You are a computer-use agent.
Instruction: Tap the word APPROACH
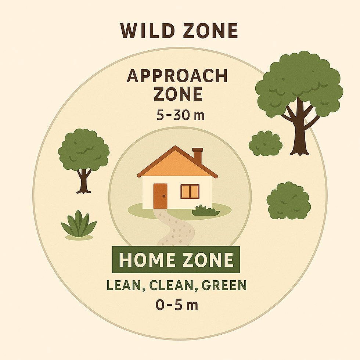pos(177,76)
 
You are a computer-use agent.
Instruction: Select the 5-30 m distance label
pos(180,115)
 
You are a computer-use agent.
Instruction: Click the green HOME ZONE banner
pos(176,260)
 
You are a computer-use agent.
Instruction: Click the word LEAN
pos(124,285)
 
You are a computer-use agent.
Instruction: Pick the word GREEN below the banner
pos(223,285)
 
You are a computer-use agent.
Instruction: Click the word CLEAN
pos(171,285)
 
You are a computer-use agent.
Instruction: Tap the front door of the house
pos(160,196)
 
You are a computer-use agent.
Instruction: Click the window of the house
pos(190,191)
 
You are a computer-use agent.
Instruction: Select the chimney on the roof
pos(197,156)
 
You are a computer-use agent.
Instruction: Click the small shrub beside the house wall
pos(205,210)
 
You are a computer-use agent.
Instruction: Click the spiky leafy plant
pos(79,224)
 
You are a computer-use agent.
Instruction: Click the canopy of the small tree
pos(84,149)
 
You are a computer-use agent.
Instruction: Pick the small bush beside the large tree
pos(265,143)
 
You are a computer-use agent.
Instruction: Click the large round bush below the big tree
pos(288,201)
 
